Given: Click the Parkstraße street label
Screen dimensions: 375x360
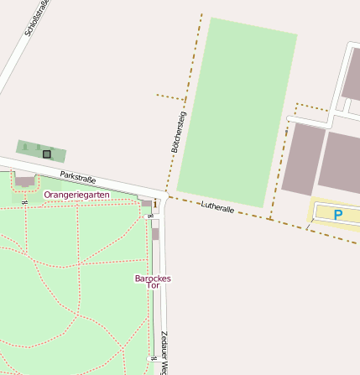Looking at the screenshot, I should tap(78, 178).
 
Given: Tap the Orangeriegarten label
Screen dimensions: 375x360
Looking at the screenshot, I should tap(76, 195).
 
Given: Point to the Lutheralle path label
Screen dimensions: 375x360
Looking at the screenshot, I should tap(218, 207).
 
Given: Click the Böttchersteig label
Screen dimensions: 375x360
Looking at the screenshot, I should tap(178, 130).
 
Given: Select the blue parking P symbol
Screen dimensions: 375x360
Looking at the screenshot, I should tap(337, 215).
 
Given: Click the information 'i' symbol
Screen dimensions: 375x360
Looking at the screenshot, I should tap(156, 203).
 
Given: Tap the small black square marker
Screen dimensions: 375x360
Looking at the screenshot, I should tap(47, 154).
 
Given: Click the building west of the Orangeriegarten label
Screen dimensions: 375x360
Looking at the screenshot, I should tap(25, 180).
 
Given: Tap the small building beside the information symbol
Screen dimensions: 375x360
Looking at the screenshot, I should tap(147, 203).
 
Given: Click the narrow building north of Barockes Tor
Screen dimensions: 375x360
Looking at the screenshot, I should tap(155, 232).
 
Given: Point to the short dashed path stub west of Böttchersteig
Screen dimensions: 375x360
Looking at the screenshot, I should tap(170, 97).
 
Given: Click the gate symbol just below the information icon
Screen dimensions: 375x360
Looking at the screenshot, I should tap(150, 216).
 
